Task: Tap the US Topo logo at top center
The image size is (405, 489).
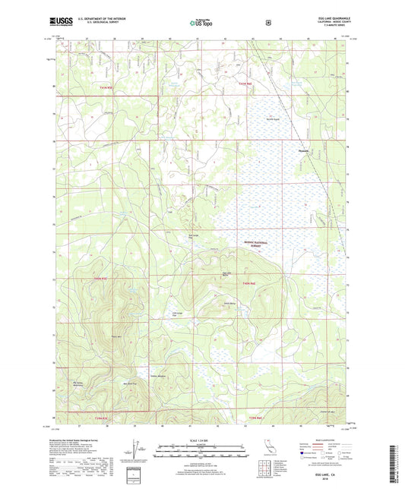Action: coord(201,24)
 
